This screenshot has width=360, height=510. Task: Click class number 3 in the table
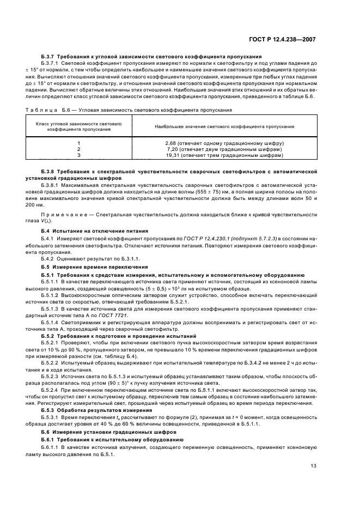[x=78, y=155]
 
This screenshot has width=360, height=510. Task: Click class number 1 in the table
[x=78, y=143]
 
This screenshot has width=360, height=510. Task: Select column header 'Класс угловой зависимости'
[x=78, y=126]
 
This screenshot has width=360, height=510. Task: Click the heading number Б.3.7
[x=48, y=56]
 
